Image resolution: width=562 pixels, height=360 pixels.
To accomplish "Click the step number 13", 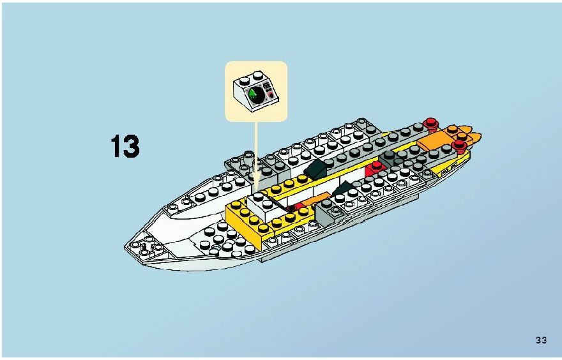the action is pyautogui.click(x=125, y=146).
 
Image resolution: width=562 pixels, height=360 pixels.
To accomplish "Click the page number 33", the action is pyautogui.click(x=541, y=340).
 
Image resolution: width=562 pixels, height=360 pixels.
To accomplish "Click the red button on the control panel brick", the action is pyautogui.click(x=271, y=95).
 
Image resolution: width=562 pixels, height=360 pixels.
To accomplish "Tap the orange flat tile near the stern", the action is pyautogui.click(x=435, y=141).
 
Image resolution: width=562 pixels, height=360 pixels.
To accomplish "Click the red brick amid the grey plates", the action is pyautogui.click(x=375, y=169).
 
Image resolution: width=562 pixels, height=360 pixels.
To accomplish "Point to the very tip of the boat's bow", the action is pyautogui.click(x=125, y=246).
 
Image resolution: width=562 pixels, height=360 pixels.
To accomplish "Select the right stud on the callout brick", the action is pyautogui.click(x=258, y=75).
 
